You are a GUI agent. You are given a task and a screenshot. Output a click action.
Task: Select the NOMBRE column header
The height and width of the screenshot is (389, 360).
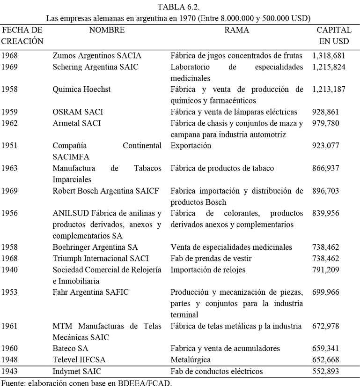pyautogui.click(x=107, y=30)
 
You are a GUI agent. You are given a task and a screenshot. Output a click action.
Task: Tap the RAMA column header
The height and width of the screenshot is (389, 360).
pyautogui.click(x=236, y=30)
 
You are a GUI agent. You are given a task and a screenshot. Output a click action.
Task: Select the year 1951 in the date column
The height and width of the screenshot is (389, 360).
pyautogui.click(x=10, y=146)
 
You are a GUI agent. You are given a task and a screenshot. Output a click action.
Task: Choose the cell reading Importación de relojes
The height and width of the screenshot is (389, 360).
pyautogui.click(x=208, y=269)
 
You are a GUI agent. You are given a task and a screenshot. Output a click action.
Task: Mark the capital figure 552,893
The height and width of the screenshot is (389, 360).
pyautogui.click(x=326, y=372)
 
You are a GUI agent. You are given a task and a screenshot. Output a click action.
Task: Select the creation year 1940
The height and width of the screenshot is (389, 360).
pyautogui.click(x=10, y=269)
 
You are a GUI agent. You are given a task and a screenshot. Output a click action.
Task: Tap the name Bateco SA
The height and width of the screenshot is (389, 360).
pyautogui.click(x=71, y=349)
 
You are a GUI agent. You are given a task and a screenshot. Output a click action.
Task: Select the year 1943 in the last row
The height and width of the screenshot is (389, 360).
pyautogui.click(x=10, y=372)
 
